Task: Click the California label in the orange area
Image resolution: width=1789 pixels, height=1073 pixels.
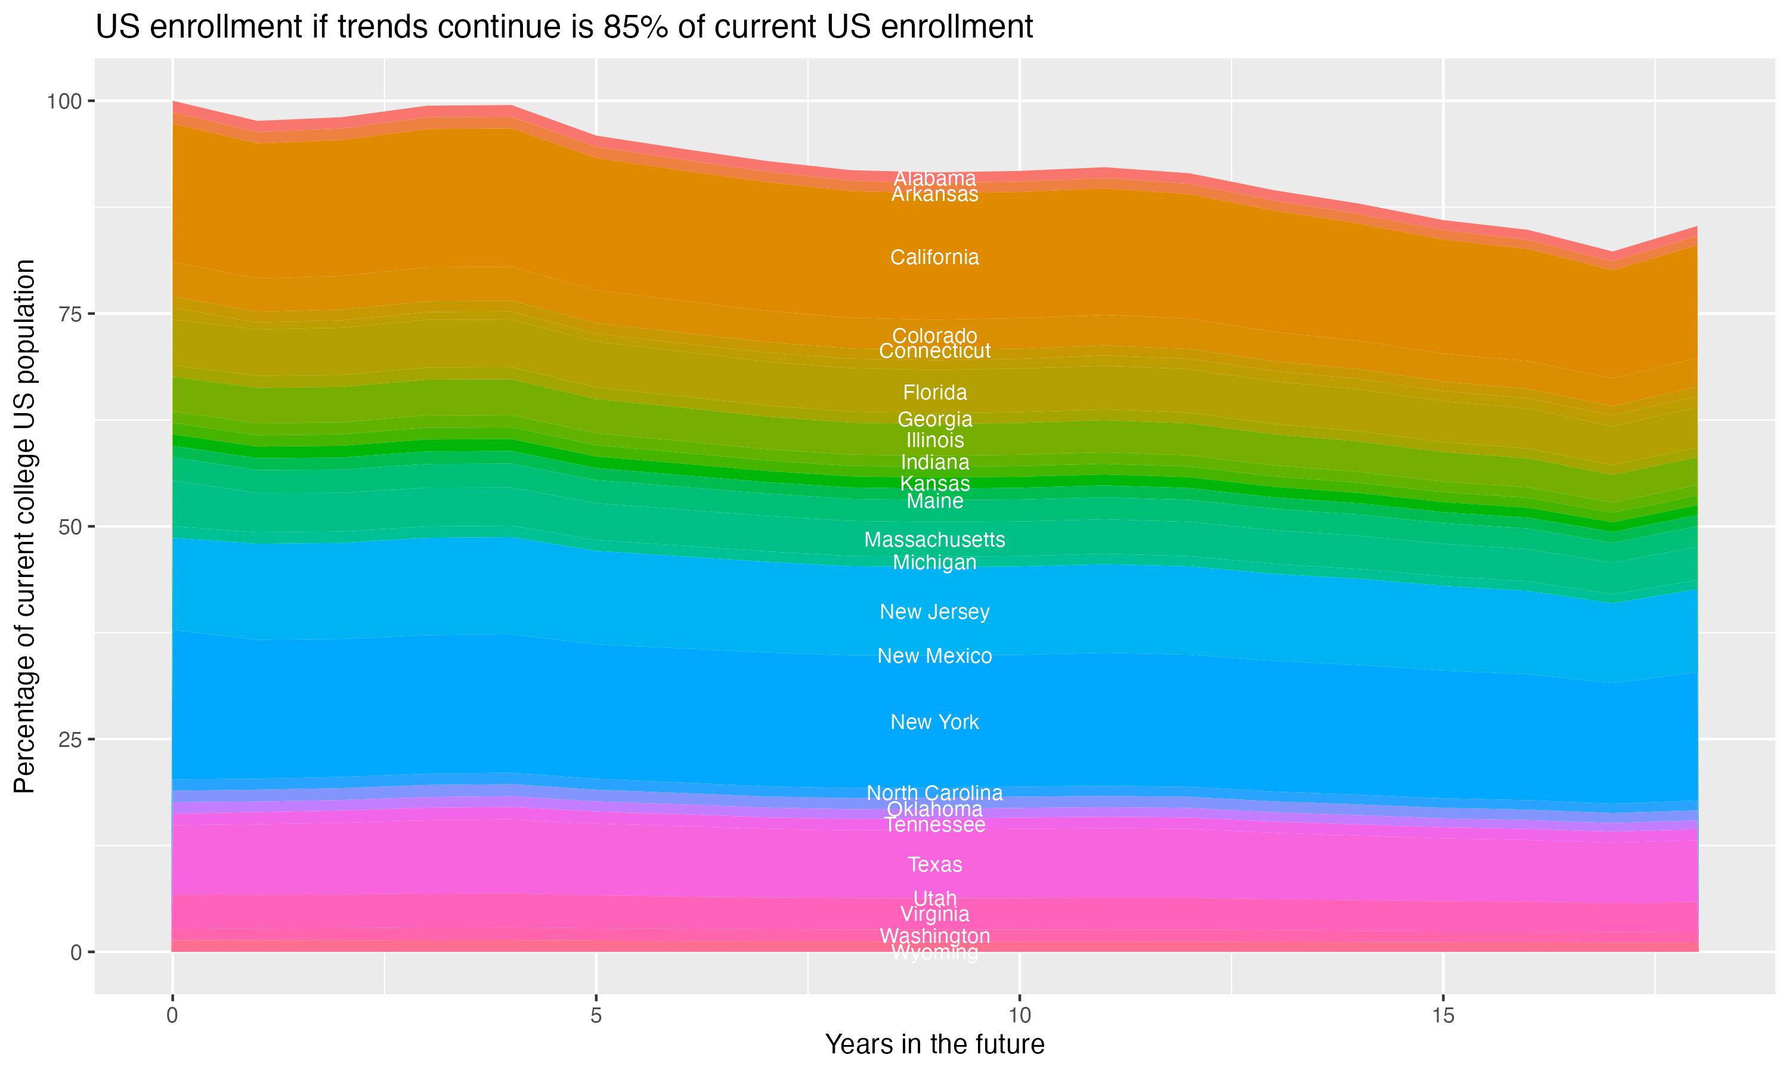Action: [x=934, y=258]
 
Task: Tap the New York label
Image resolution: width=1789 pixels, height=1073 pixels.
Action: [x=934, y=722]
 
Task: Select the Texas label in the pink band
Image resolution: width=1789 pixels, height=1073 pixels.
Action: [x=934, y=865]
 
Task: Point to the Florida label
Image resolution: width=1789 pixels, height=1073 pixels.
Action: [x=934, y=393]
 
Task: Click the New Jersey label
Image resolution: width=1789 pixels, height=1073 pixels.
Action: [x=934, y=612]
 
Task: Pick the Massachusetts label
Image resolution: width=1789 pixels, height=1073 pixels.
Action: [x=934, y=539]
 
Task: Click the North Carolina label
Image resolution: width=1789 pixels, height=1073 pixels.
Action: [x=934, y=793]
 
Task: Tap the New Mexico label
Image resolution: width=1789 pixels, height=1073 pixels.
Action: [x=934, y=656]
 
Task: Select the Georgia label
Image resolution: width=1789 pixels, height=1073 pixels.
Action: [x=934, y=420]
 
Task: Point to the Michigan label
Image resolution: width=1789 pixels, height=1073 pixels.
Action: [x=934, y=563]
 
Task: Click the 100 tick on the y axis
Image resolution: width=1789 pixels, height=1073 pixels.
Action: [x=64, y=101]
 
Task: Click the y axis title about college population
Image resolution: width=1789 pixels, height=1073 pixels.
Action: [x=24, y=526]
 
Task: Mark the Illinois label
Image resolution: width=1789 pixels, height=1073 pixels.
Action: [x=934, y=441]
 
